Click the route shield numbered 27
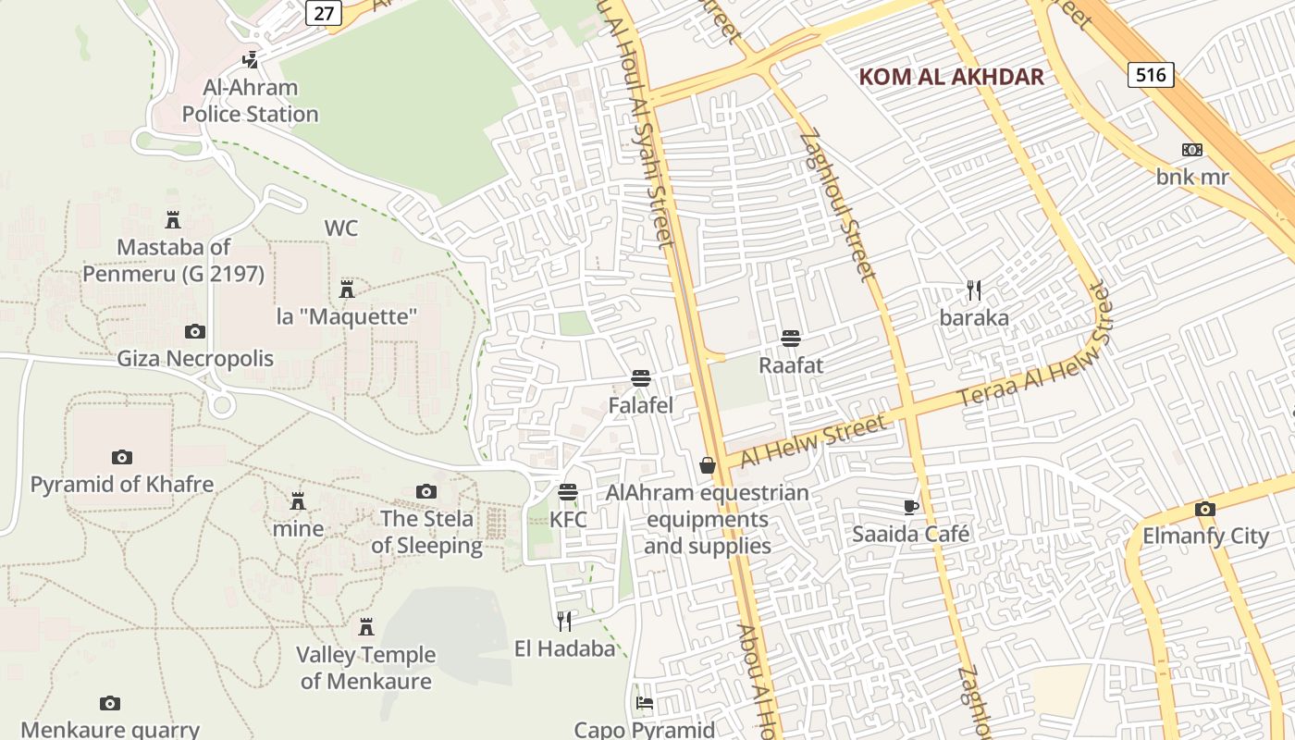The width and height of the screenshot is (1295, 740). coord(323,12)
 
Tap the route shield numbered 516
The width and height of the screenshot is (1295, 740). coord(1151,74)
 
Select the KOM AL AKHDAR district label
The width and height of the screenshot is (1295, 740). coord(952,77)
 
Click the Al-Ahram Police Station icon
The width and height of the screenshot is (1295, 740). coord(249,60)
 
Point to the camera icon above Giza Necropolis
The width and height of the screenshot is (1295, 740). coord(195,331)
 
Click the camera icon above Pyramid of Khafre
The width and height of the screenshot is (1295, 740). coord(121,457)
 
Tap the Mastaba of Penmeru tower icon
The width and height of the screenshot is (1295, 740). coord(172,220)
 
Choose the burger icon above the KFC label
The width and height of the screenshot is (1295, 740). coord(568,492)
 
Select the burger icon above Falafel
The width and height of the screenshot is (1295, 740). coord(640,377)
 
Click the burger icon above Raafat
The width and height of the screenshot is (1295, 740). coord(790,338)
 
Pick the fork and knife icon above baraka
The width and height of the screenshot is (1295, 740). coord(974,290)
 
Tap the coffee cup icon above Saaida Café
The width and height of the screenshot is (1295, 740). coord(911,507)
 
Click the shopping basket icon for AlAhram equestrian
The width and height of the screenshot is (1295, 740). coord(708,465)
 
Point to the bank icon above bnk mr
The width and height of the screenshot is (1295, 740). coord(1191,150)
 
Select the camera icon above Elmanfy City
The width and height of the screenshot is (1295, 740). coord(1204,509)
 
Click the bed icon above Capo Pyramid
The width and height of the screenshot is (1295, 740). coord(645,703)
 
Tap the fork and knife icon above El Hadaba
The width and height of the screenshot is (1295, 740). coord(564,621)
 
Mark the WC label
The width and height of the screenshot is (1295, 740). coord(340,228)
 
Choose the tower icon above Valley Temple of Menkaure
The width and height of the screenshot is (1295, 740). coord(366,627)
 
